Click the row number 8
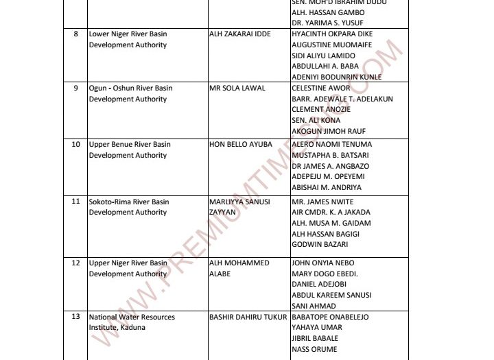75,34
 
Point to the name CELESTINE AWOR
320,88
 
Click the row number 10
76,145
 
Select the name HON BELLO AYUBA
240,145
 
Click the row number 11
76,202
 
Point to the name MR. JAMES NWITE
322,202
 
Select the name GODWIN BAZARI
319,244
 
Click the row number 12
76,263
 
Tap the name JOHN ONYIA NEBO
325,263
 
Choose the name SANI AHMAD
314,306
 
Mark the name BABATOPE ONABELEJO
330,317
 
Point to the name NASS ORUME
315,349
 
